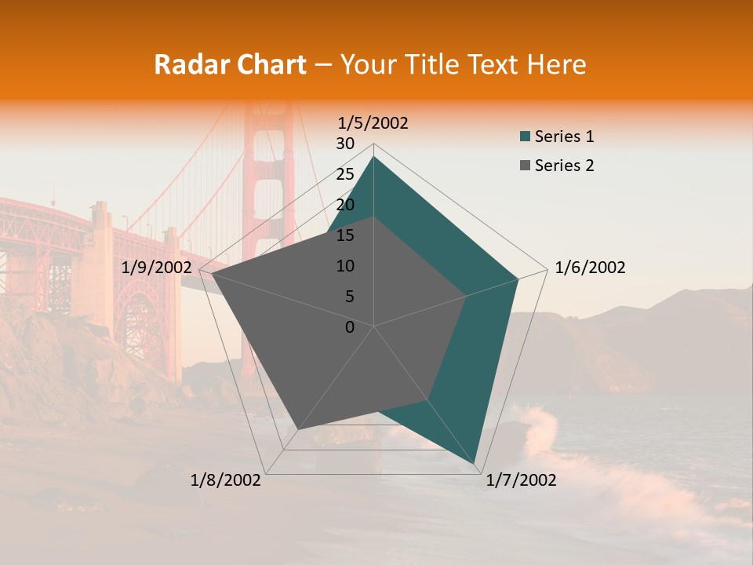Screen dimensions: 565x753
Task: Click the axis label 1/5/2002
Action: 373,122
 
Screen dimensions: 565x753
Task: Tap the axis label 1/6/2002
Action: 590,268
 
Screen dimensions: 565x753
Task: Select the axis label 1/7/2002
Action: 521,480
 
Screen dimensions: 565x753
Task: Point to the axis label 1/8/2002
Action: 226,480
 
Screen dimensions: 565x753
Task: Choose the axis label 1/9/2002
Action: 157,268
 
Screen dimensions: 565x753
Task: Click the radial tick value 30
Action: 345,144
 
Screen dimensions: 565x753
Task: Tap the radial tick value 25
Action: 345,174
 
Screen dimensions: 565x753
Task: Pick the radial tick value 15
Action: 345,235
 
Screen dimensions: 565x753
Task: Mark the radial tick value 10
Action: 345,266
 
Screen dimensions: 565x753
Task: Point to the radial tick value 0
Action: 350,327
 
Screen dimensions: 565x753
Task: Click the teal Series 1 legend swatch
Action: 525,137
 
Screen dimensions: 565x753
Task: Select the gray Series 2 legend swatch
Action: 525,166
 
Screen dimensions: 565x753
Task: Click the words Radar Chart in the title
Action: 230,64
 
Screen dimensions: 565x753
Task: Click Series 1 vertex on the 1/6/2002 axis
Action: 518,279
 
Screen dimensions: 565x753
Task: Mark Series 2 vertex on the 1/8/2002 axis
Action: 297,429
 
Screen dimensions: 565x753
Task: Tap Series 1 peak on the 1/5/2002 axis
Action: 373,156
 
